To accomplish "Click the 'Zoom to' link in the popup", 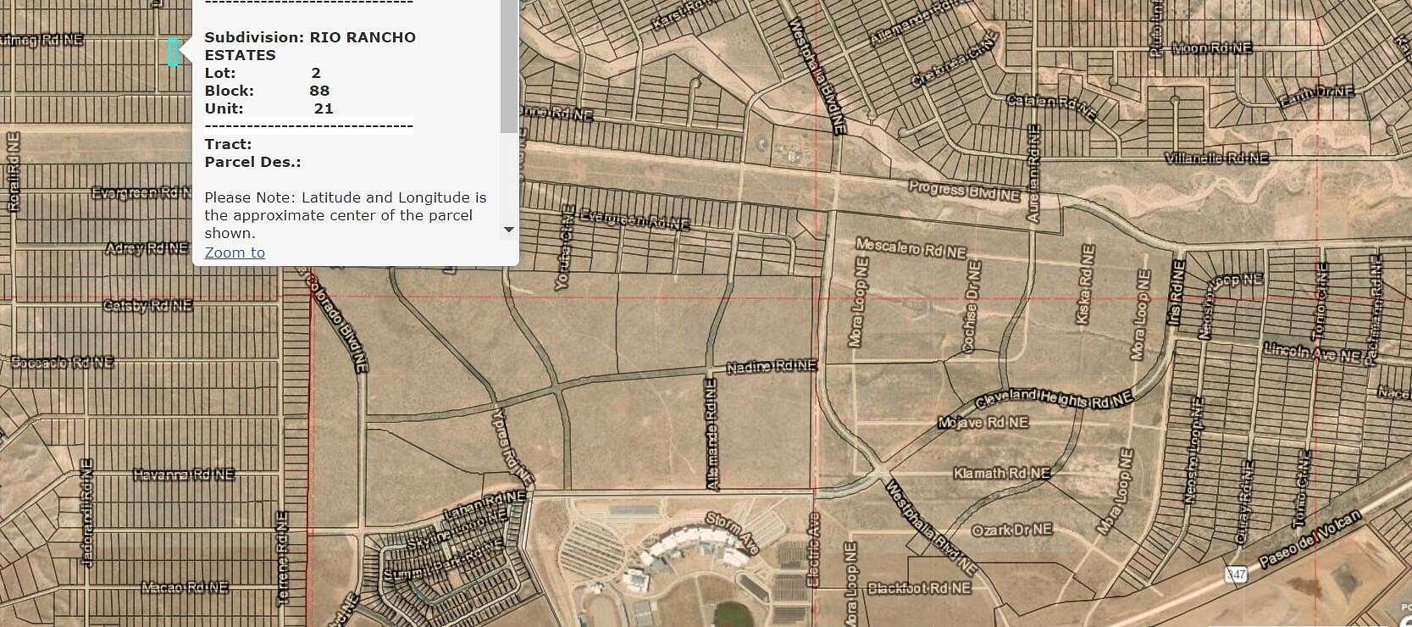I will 235,252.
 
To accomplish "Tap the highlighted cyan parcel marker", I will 173,52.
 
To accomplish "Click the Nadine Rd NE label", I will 772,366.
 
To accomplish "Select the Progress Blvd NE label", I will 964,191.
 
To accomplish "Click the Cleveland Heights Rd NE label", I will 1054,399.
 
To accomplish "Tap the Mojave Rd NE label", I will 983,422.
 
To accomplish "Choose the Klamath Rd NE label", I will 1001,473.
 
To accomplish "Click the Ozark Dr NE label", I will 1011,530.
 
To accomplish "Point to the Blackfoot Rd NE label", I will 919,587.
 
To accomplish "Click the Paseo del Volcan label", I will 1310,539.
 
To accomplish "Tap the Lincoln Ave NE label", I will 1311,352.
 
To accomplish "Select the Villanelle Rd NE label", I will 1216,158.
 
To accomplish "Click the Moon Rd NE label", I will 1211,48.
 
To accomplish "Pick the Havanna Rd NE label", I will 184,474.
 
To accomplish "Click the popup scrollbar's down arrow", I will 508,230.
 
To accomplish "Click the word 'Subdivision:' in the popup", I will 254,37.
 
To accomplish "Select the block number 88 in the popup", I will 319,91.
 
